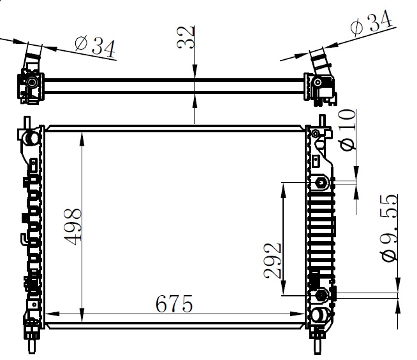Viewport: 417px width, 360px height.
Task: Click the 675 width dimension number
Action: point(174,303)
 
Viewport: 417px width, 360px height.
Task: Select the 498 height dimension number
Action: point(73,227)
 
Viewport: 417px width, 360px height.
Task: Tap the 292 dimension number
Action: point(272,261)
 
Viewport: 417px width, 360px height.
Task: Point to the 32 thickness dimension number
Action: point(186,37)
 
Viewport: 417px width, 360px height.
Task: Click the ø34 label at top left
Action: point(95,46)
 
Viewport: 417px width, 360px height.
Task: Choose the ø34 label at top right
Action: point(371,22)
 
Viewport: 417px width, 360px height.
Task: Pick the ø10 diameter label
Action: point(347,130)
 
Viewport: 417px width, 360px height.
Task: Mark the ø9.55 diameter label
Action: point(390,228)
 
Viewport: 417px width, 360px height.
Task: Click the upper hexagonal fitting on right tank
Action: point(321,183)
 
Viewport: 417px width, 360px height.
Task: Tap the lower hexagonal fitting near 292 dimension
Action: point(321,294)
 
